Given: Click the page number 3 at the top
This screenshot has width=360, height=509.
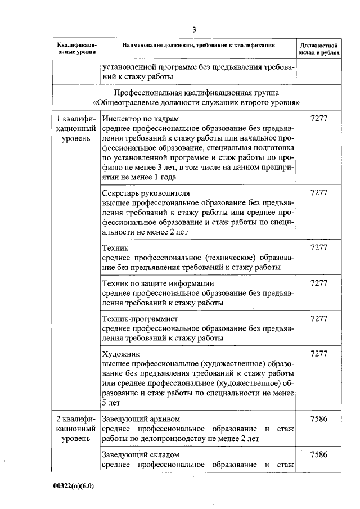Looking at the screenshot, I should tap(194, 29).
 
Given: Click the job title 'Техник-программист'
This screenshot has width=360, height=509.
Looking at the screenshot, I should tap(139, 319).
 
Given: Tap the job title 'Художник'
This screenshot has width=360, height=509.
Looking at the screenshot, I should tap(119, 354).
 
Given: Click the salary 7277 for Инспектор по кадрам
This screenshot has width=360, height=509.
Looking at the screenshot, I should tap(318, 120).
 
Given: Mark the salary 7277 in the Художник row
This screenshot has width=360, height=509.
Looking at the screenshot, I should tap(318, 354).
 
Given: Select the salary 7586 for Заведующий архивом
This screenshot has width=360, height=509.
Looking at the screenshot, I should tap(318, 419).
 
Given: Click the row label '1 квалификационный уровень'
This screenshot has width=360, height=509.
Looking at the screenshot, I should tap(76, 129).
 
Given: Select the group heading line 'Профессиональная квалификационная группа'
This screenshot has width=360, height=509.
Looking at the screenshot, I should tap(196, 93).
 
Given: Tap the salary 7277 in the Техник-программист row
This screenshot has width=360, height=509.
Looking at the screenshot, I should tap(318, 319).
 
